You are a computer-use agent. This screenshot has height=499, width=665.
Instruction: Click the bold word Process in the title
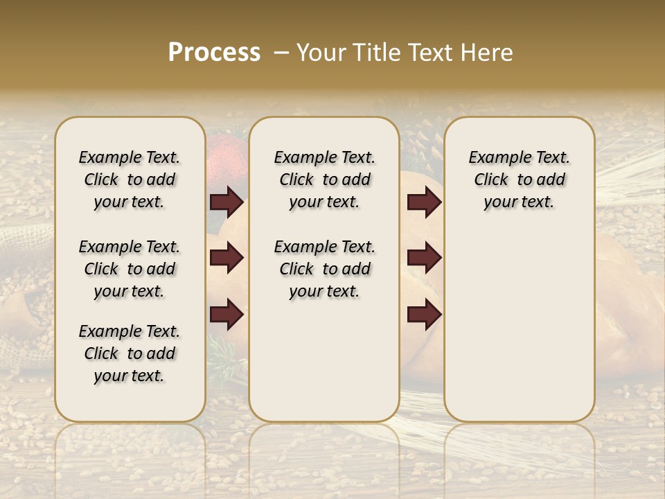pos(214,53)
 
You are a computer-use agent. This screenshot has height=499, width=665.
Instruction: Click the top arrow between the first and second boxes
pos(227,202)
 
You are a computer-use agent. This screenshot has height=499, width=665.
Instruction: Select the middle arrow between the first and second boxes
pos(227,259)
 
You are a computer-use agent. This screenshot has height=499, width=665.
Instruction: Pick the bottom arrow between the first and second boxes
pos(227,315)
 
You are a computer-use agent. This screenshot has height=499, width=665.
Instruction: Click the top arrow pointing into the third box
pos(424,202)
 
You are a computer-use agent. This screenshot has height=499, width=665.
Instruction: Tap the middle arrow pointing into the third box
pos(424,259)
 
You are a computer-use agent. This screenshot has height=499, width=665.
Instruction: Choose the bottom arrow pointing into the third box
pos(424,315)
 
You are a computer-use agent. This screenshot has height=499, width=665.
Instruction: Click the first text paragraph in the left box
pos(130,180)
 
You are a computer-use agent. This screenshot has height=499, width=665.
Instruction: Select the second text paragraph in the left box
pos(130,269)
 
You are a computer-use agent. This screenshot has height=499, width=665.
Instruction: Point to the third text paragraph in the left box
pos(130,353)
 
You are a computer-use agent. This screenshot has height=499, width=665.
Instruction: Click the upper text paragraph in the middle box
pos(324,180)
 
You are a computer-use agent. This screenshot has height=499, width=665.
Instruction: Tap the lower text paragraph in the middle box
pos(324,269)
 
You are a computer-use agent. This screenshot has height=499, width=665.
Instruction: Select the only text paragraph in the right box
pos(519,180)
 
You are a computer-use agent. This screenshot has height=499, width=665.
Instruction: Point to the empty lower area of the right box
pos(519,326)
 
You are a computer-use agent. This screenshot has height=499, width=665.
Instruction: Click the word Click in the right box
pos(491,180)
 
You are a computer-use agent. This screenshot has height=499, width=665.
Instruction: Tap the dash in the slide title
pos(281,53)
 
